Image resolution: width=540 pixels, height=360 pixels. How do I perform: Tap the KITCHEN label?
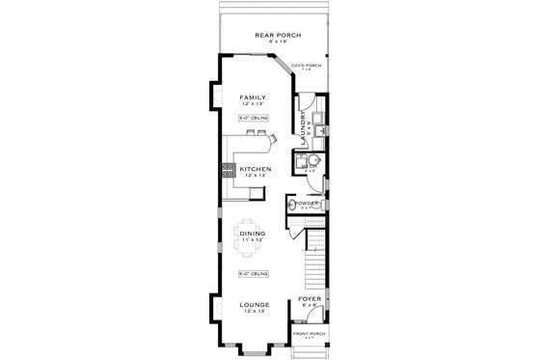tap(256, 168)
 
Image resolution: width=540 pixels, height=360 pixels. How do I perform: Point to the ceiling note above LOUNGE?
tap(255, 274)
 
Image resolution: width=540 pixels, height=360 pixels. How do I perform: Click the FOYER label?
tap(309, 298)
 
